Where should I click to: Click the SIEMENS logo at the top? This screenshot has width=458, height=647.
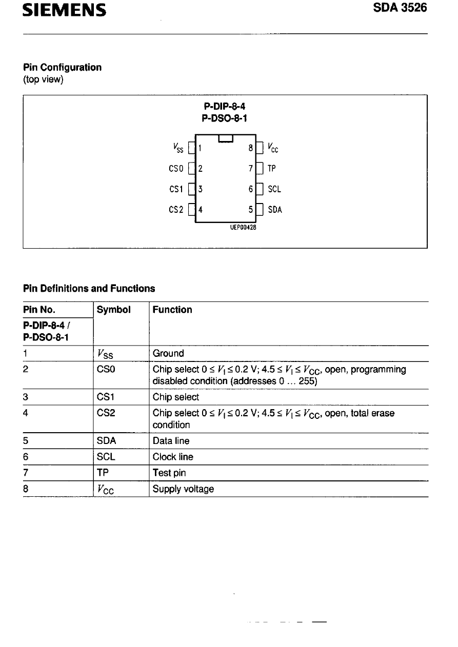click(x=65, y=10)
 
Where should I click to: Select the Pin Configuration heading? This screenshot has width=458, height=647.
click(x=62, y=67)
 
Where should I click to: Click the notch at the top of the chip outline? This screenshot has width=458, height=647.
click(x=226, y=137)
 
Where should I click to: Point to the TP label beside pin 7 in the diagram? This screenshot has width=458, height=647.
click(x=272, y=168)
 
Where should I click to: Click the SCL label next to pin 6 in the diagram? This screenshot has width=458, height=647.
click(x=274, y=189)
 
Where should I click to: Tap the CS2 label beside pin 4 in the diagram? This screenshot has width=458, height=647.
click(x=175, y=209)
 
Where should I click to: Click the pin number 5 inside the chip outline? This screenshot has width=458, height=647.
click(x=250, y=209)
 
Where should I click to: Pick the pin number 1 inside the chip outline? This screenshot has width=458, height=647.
click(x=201, y=148)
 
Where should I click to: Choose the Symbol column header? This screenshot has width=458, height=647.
click(x=113, y=310)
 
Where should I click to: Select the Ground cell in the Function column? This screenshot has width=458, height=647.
click(x=168, y=353)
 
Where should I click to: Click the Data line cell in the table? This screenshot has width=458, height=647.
click(x=170, y=440)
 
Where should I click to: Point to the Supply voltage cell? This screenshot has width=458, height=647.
click(x=183, y=489)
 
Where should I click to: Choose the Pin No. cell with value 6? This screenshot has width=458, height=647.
click(x=26, y=456)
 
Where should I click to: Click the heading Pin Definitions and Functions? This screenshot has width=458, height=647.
click(x=89, y=288)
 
